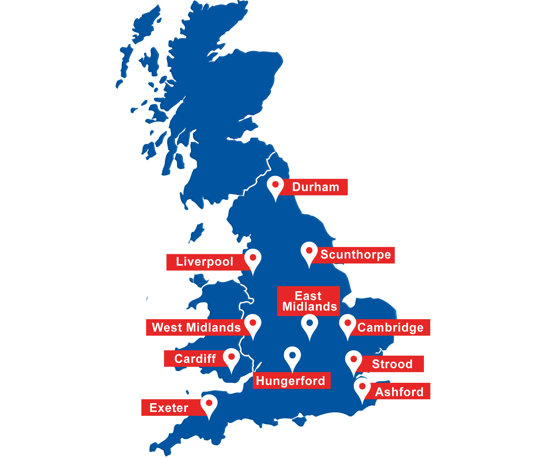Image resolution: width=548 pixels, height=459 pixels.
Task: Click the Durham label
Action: [315, 187]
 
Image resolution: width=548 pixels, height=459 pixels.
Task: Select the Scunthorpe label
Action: [356, 255]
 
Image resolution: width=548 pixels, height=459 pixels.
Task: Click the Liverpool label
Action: [204, 262]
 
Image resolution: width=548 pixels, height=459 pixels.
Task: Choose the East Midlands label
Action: [309, 301]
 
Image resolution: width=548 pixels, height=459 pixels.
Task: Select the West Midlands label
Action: [196, 327]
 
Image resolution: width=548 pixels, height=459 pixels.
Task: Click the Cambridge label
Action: [391, 327]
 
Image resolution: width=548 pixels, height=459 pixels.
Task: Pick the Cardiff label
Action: [195, 359]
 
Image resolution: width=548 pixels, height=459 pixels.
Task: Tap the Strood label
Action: [392, 364]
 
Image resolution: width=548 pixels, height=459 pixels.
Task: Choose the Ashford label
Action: [399, 392]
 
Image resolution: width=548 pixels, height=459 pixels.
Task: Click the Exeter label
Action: [169, 408]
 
